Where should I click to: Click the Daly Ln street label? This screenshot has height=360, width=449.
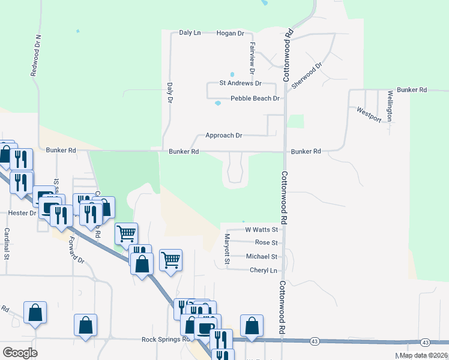tap(190, 32)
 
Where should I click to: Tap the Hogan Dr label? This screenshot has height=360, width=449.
tap(230, 32)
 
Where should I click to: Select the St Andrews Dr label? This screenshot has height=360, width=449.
tap(241, 83)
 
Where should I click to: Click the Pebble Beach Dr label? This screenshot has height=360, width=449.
tap(255, 98)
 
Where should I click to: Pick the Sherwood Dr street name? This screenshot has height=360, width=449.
tap(307, 76)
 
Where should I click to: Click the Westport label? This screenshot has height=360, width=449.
tap(369, 114)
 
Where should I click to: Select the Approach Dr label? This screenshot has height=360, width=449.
tap(223, 136)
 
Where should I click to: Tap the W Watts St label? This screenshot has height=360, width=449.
tap(262, 229)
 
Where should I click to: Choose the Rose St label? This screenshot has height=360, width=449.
tap(266, 242)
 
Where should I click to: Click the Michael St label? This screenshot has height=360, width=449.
tap(262, 256)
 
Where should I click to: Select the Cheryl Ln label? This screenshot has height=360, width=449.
tap(264, 270)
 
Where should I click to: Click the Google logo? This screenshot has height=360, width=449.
tap(20, 353)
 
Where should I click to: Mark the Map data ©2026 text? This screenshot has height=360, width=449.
tap(423, 355)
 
